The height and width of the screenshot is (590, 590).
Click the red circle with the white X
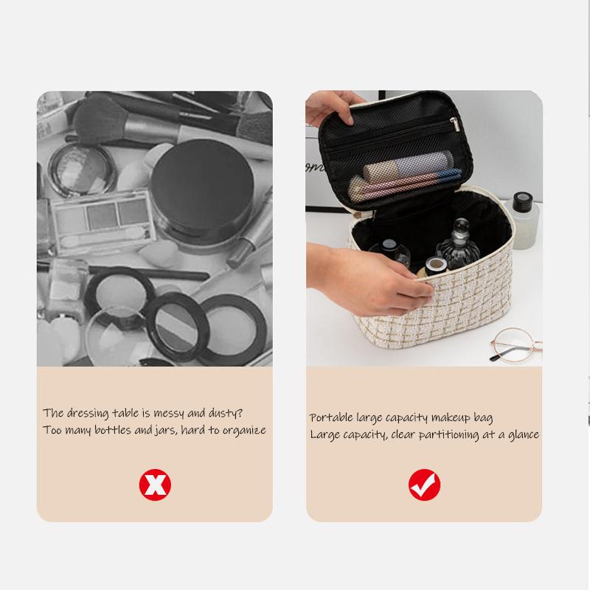[x=155, y=485]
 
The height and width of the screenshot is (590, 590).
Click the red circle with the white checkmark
[x=425, y=485]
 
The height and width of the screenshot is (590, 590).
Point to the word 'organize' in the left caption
[x=245, y=431]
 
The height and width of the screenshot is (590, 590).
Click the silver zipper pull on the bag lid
[x=455, y=125]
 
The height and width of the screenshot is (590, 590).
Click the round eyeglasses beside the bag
[x=516, y=345]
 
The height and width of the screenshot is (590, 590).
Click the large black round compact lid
[x=202, y=187]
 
